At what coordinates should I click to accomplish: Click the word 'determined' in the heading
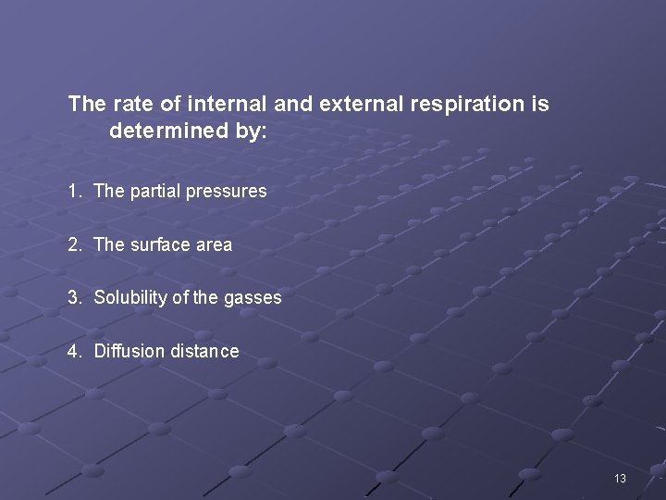(x=166, y=132)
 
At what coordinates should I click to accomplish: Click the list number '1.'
(x=75, y=192)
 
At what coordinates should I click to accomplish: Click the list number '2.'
(x=75, y=245)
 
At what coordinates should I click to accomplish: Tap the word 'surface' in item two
(x=159, y=245)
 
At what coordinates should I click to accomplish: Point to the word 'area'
(x=214, y=245)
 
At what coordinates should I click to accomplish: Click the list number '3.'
(x=75, y=298)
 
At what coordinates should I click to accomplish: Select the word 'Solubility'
(x=130, y=298)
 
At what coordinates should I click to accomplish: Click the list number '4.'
(x=75, y=352)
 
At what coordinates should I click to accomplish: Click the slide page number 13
(x=619, y=479)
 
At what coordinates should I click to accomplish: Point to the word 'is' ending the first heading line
(x=541, y=105)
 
